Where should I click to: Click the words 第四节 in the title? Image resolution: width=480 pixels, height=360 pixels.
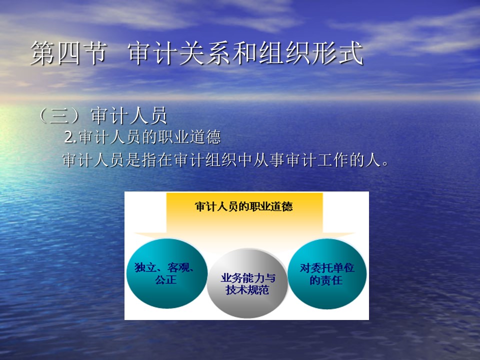(x=69, y=53)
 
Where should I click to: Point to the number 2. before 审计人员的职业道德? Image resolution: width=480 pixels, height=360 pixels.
(x=70, y=137)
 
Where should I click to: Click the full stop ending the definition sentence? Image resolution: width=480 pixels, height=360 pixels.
(x=385, y=164)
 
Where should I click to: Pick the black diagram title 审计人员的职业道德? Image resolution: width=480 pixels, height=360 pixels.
(x=244, y=206)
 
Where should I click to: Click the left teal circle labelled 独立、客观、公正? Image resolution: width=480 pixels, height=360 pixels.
(x=167, y=273)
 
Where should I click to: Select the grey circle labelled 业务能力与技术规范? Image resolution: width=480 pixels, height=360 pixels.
(x=247, y=283)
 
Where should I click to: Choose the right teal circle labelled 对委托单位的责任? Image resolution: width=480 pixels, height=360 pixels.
(x=327, y=273)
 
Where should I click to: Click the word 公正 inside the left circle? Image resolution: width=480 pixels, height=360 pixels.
(x=166, y=279)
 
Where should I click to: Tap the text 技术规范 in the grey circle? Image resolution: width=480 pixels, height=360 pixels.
(x=247, y=289)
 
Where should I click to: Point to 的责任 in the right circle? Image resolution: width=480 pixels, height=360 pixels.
(x=326, y=280)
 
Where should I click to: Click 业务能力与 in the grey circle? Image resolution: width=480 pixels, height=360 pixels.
(x=248, y=278)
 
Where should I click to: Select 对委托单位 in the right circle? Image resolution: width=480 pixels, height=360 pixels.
(x=327, y=268)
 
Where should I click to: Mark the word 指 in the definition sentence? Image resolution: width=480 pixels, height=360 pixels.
(x=149, y=159)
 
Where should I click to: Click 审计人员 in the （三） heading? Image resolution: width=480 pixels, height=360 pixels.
(x=129, y=115)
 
